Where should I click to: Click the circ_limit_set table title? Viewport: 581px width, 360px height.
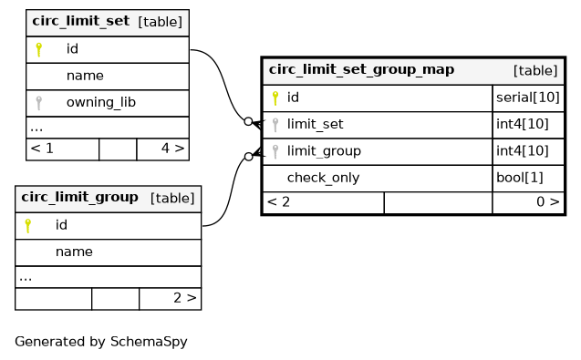coord(81,21)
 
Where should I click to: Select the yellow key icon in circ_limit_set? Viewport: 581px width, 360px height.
coord(38,49)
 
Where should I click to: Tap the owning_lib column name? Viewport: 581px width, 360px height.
coord(101,102)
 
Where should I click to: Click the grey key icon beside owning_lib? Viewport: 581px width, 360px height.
coord(38,103)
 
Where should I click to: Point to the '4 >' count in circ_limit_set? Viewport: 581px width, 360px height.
coord(172,149)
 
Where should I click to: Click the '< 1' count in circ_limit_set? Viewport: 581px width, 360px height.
coord(42,149)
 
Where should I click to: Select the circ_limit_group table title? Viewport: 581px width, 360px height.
coord(79,197)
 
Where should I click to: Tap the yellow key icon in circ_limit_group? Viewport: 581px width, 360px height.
coord(27,225)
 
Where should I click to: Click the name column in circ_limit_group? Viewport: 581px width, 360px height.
coord(74,252)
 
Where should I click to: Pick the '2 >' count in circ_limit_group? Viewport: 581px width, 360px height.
coord(185,298)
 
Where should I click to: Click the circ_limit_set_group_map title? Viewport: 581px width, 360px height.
coord(361,69)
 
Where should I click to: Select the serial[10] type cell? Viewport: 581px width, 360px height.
coord(528,98)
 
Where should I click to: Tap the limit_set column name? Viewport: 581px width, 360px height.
coord(316,124)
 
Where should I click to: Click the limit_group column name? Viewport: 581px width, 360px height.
coord(324,151)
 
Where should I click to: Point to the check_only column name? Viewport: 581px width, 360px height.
coord(324,178)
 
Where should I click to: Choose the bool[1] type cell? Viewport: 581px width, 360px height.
coord(520,178)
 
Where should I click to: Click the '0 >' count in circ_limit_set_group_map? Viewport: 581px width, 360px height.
coord(548,201)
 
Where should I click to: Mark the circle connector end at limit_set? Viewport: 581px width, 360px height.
coord(248,121)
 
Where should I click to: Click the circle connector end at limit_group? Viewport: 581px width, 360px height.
coord(249,157)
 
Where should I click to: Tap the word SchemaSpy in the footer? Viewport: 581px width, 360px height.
coord(149,342)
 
